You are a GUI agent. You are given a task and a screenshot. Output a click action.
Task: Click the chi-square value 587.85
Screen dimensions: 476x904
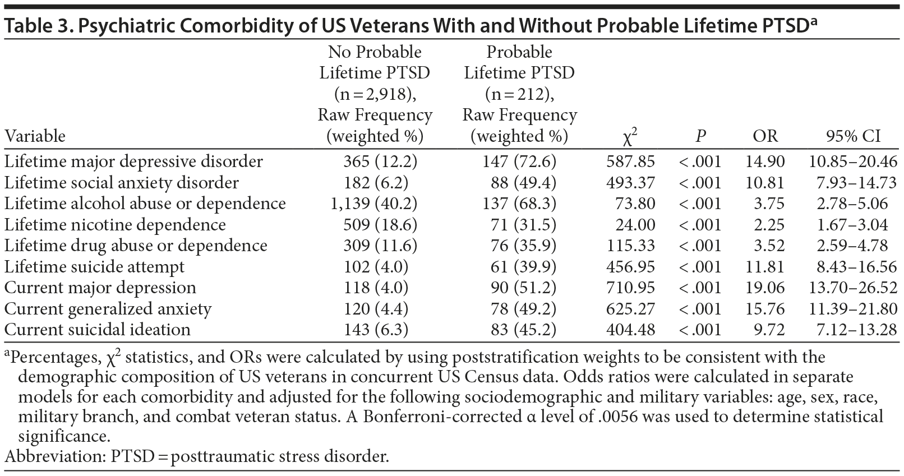click(x=630, y=161)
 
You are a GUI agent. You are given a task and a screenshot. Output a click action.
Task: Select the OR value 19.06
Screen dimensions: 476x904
click(x=765, y=288)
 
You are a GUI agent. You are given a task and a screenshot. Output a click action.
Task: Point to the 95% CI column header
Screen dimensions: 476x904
click(x=853, y=136)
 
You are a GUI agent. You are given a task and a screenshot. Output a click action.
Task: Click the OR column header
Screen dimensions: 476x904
click(x=765, y=136)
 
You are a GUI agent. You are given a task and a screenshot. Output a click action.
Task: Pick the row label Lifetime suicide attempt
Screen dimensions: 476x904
click(x=94, y=267)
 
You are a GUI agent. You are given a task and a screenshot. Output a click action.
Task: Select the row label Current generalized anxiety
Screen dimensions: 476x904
click(x=108, y=309)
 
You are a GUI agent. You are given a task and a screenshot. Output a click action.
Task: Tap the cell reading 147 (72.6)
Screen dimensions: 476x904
click(x=519, y=161)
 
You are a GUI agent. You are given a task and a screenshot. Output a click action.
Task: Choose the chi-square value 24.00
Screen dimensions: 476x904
click(x=634, y=225)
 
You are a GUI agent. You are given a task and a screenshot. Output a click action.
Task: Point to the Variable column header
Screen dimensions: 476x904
click(x=35, y=136)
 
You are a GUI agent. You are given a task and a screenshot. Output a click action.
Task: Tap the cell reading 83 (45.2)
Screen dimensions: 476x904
click(x=519, y=330)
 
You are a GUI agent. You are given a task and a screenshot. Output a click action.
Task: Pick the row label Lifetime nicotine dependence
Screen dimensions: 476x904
click(x=115, y=225)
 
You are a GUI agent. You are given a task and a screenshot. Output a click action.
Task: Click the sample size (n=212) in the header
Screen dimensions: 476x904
click(x=519, y=94)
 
